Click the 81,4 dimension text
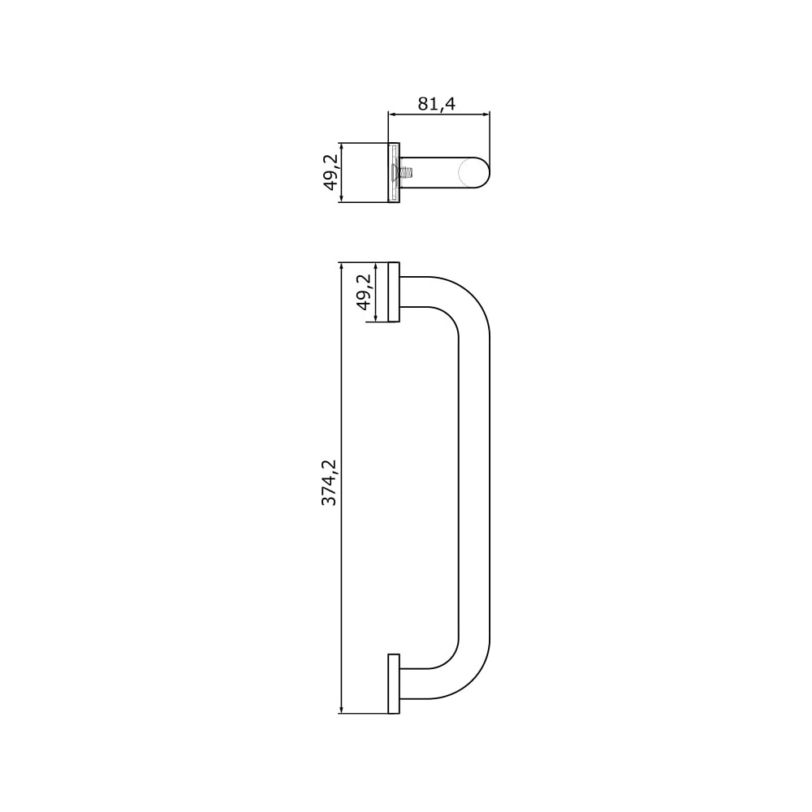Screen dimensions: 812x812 coord(436,104)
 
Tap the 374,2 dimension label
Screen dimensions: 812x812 coord(329,482)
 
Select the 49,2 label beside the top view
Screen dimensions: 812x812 coord(330,172)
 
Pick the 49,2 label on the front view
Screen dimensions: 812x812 coord(365,292)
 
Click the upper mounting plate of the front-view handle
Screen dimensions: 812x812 coord(394,292)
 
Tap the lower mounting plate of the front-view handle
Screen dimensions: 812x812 coord(394,684)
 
